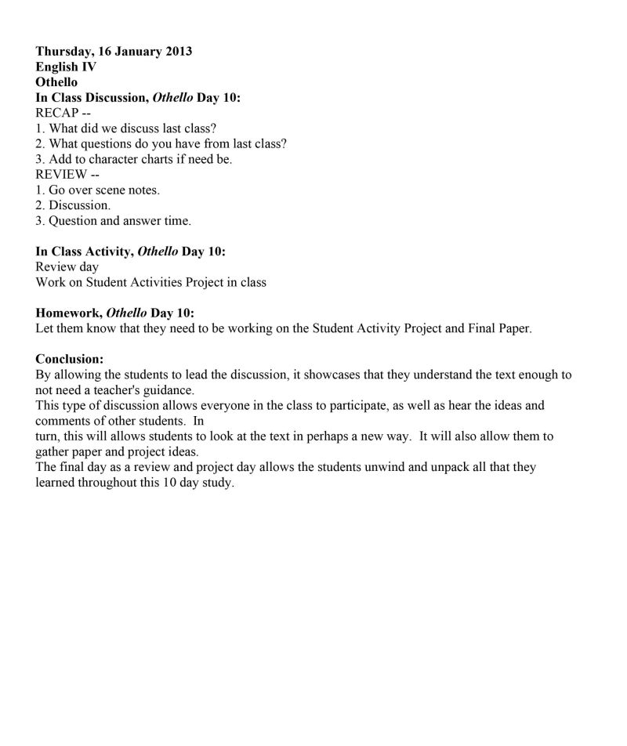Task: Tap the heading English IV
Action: tap(66, 67)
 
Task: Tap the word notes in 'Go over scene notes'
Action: tap(143, 190)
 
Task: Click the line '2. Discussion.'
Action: tap(74, 205)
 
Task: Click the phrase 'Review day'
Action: tap(67, 267)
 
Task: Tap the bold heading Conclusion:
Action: tap(70, 359)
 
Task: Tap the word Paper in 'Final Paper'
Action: tap(513, 329)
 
